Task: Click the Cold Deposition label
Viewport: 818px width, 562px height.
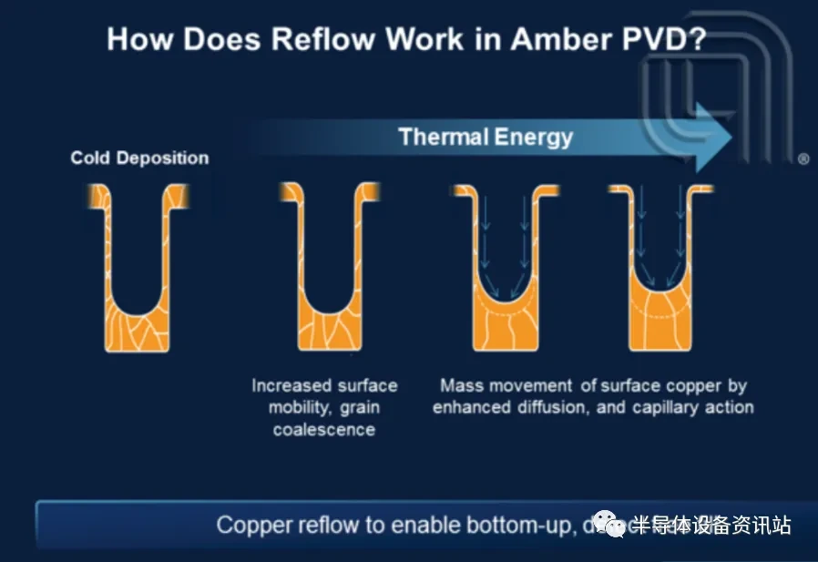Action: click(x=139, y=158)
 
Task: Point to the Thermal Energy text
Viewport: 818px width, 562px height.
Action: click(x=486, y=138)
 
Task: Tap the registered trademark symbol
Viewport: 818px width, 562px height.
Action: click(x=803, y=158)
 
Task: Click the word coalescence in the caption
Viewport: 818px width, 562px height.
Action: click(x=324, y=429)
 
